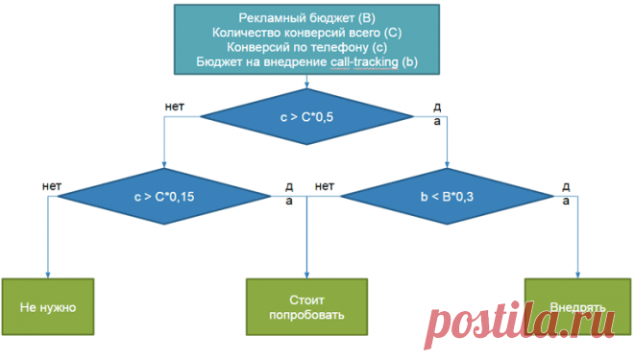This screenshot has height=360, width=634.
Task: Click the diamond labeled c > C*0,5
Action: click(306, 117)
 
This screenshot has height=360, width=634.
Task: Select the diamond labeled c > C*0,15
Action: click(164, 197)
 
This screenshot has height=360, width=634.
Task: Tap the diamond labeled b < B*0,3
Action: click(447, 197)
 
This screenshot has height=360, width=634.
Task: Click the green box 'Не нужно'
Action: click(48, 306)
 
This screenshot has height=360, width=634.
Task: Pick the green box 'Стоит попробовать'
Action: click(306, 306)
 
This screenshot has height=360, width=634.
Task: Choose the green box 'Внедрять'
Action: click(577, 306)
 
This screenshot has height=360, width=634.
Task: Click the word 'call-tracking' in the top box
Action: click(364, 61)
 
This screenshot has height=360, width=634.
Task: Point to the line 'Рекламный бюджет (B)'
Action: click(306, 18)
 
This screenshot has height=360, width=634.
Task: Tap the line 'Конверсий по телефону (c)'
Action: click(306, 47)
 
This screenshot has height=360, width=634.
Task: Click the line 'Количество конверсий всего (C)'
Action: click(306, 33)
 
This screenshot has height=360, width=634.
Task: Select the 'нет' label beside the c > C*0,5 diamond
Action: click(175, 107)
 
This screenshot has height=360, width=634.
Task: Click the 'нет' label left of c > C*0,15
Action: click(52, 186)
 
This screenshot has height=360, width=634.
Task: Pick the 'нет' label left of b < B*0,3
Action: click(325, 186)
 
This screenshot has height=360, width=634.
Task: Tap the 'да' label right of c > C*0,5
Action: click(437, 114)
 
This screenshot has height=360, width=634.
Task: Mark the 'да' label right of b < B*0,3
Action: click(566, 194)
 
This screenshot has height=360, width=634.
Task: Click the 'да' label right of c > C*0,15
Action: click(289, 194)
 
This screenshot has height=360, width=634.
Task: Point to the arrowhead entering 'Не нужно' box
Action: click(48, 276)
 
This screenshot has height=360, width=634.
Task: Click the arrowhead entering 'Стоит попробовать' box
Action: click(306, 276)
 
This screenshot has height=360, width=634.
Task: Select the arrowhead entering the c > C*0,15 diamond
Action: click(164, 165)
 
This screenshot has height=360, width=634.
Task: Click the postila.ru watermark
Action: click(520, 323)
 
